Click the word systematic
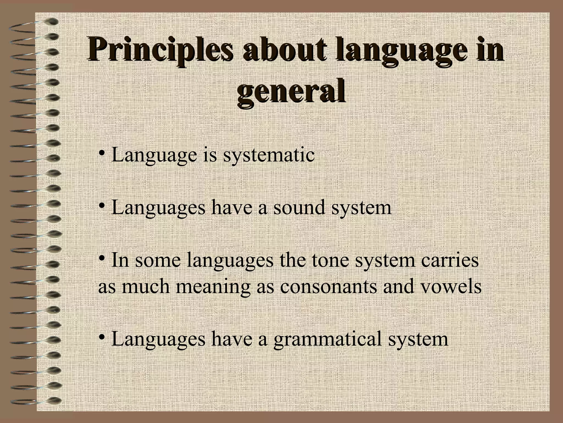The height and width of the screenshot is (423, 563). point(269,155)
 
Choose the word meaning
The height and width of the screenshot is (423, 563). point(213,286)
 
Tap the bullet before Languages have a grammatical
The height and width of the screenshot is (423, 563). point(101,337)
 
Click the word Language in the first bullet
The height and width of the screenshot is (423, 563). point(154,155)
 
